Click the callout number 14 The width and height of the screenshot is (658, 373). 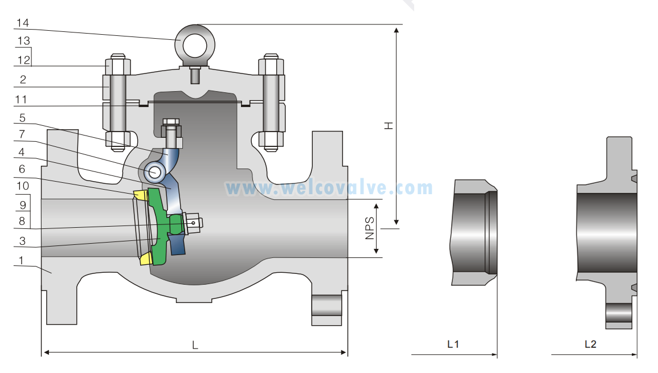pyautogui.click(x=23, y=23)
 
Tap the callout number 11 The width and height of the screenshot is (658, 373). pyautogui.click(x=21, y=100)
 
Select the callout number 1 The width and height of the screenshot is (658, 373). pyautogui.click(x=21, y=260)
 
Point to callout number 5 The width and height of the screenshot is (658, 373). pyautogui.click(x=22, y=118)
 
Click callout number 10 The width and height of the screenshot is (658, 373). pyautogui.click(x=23, y=186)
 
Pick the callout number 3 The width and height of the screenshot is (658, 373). pyautogui.click(x=22, y=241)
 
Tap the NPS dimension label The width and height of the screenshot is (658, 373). pyautogui.click(x=370, y=228)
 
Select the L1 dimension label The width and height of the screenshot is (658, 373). pyautogui.click(x=453, y=344)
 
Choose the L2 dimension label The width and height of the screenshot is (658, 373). pyautogui.click(x=590, y=344)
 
